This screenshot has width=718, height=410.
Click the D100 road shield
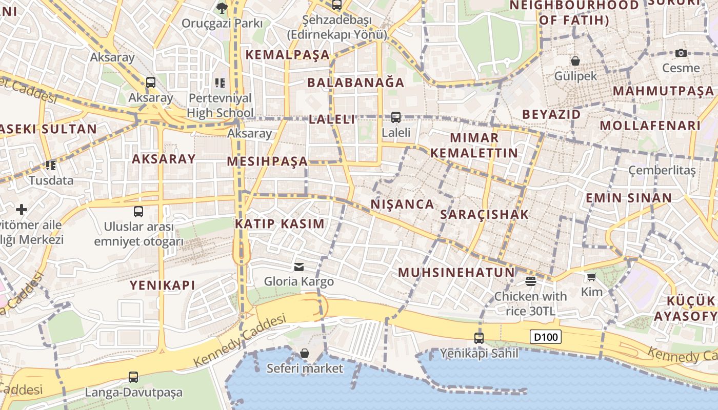pos(546,337)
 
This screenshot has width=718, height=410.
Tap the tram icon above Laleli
pos(395,117)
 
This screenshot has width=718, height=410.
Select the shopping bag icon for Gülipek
pos(575,61)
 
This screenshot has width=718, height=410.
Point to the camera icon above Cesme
pos(681,53)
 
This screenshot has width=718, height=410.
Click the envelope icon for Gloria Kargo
pos(298,266)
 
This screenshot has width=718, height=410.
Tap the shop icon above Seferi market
pos(305,353)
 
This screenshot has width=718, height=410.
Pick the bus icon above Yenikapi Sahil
pos(478,338)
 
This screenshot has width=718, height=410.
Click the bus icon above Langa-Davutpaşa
pos(133,377)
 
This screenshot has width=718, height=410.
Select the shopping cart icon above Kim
pos(591,277)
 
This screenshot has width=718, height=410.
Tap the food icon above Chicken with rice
pos(530,281)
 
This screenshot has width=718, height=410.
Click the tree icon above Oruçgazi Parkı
pos(222,8)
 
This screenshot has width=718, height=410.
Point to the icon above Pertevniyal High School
pos(220,83)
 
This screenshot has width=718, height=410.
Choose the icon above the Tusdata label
pos(50,165)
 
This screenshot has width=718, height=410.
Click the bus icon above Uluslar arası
pos(138,211)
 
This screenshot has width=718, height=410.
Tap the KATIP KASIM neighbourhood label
pos(280,224)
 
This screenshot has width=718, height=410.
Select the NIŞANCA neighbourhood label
pos(402,204)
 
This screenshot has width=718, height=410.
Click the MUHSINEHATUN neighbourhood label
pos(456,272)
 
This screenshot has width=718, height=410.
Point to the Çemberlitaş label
pos(662,170)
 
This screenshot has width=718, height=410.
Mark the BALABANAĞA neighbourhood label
pos(355,83)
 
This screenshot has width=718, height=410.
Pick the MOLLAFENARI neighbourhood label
pos(650,126)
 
